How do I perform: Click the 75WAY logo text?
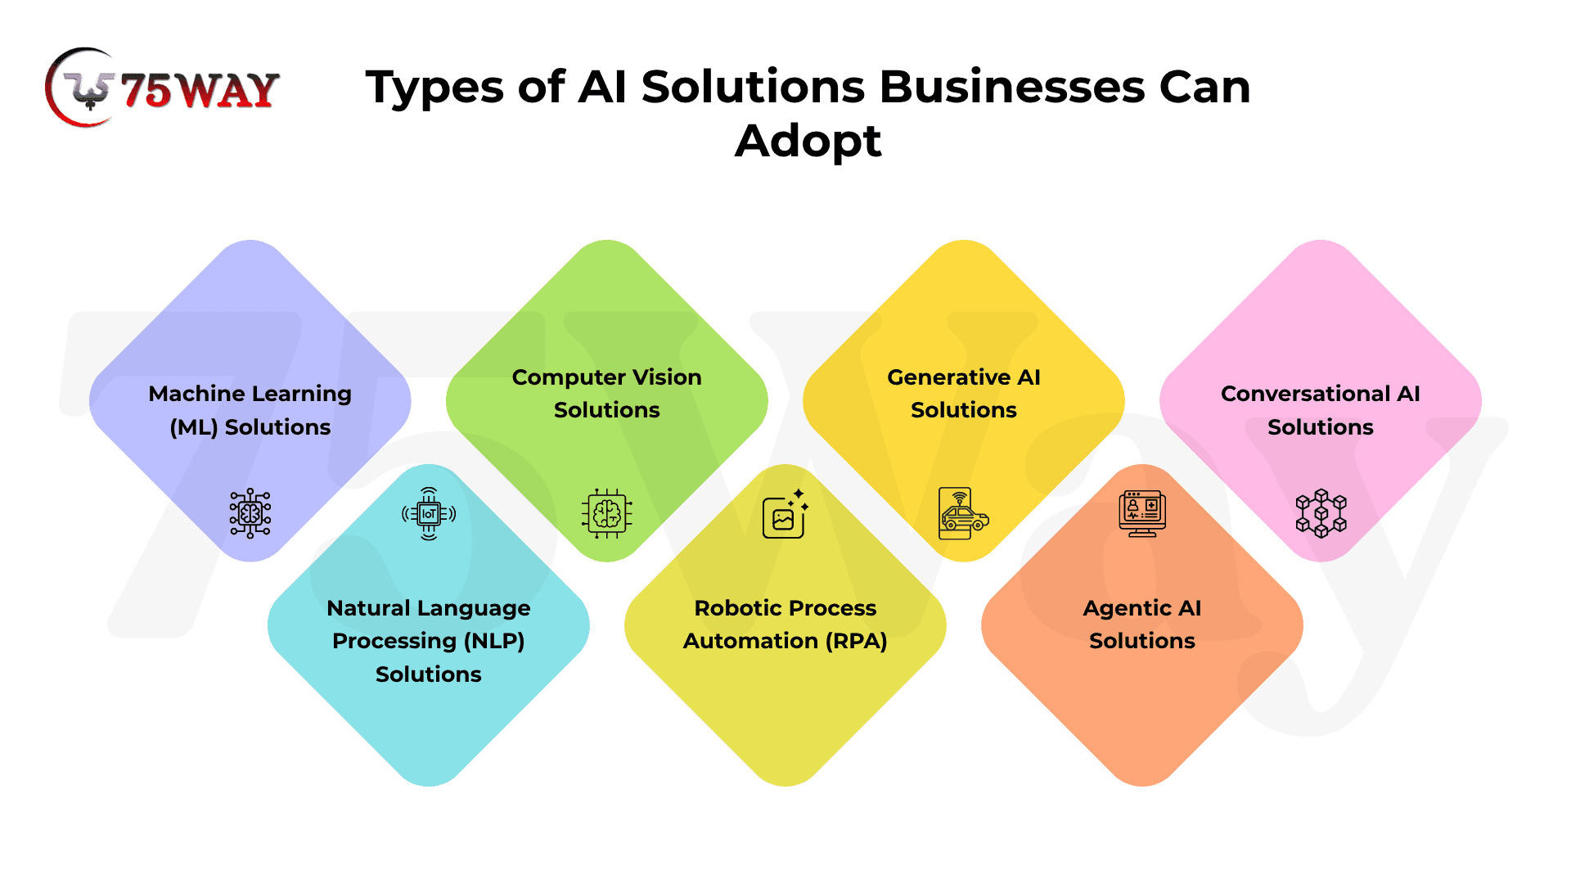(200, 90)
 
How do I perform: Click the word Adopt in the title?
(808, 142)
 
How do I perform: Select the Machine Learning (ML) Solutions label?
(250, 410)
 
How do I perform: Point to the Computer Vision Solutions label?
(607, 394)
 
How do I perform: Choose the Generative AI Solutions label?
(964, 394)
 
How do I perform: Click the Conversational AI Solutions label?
(1321, 410)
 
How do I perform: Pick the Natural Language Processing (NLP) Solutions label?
(429, 641)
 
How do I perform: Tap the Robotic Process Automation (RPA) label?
(785, 625)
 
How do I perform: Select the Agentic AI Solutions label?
(1142, 625)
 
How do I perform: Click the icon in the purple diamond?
(250, 513)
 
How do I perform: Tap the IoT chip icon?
(429, 513)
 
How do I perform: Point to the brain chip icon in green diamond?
(607, 513)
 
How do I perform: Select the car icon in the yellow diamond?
(964, 514)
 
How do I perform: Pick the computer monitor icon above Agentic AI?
(1142, 513)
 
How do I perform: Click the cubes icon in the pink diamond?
(1321, 513)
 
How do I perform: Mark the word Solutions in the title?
(753, 87)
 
